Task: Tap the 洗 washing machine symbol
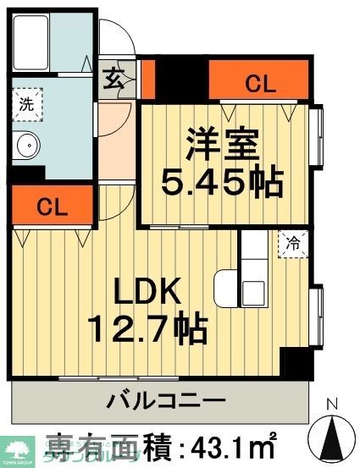click(x=26, y=107)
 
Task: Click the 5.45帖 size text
click(x=222, y=179)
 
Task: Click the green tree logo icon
click(x=14, y=446)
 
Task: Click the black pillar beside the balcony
click(x=296, y=366)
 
